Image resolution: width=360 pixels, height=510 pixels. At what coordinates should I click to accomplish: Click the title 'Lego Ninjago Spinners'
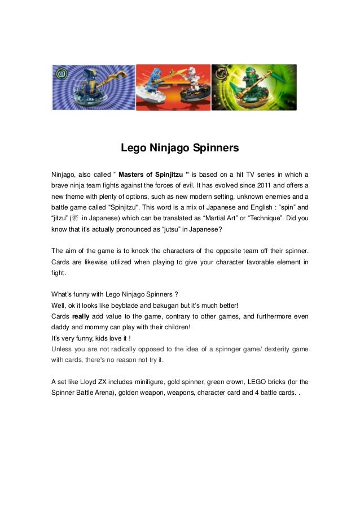click(x=180, y=149)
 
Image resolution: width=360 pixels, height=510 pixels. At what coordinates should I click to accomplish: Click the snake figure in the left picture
click(x=91, y=85)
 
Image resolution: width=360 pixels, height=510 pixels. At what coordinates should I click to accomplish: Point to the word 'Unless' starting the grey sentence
click(x=62, y=349)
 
